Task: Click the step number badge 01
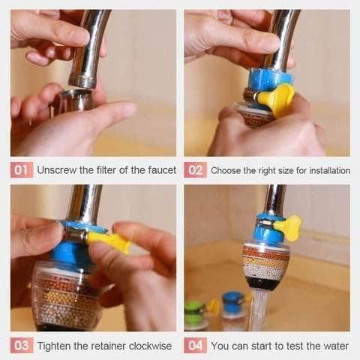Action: pos(22,170)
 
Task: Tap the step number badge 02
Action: pos(196,170)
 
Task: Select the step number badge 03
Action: pos(22,346)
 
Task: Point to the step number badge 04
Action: pos(196,346)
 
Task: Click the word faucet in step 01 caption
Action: pos(158,170)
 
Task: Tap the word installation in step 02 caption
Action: pos(327,171)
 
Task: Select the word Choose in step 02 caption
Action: pos(226,171)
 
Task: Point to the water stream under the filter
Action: pos(258,311)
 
